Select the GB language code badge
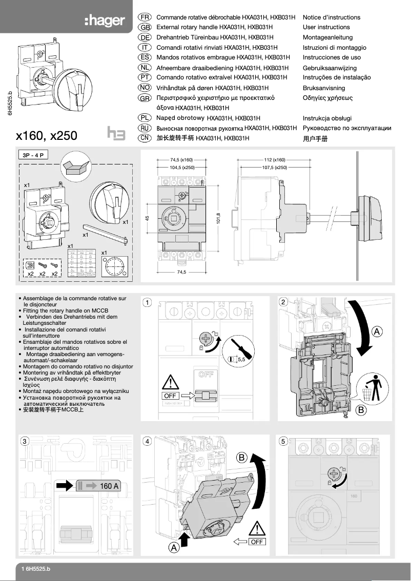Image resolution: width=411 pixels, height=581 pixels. click(x=145, y=27)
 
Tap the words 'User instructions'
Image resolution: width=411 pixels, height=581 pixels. click(x=326, y=27)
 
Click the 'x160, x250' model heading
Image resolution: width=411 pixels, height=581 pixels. click(x=47, y=135)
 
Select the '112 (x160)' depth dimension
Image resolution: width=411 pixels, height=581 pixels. click(x=274, y=160)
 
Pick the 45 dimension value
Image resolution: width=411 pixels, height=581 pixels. click(x=147, y=219)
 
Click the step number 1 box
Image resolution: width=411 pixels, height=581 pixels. click(x=147, y=302)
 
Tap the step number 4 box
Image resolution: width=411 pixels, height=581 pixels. click(x=147, y=441)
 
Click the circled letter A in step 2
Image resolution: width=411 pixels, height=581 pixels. click(x=377, y=332)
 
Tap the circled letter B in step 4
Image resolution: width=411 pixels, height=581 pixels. click(x=242, y=457)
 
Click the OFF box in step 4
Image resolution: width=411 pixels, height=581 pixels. click(x=257, y=542)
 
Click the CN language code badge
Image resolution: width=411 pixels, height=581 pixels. click(x=145, y=138)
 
